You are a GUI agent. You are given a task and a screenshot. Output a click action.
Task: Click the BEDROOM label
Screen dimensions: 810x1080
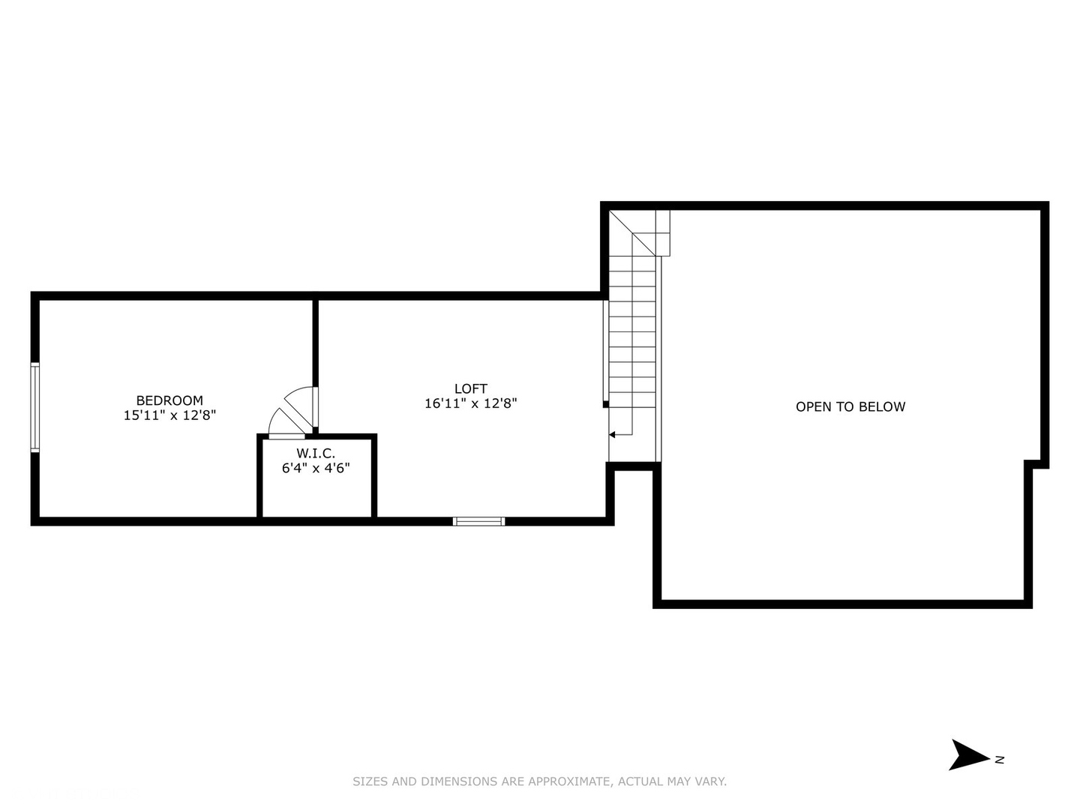point(169,400)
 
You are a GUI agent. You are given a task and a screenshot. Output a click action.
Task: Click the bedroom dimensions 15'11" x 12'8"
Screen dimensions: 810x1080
point(169,415)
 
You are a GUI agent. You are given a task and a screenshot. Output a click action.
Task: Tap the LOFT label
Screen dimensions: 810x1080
point(470,388)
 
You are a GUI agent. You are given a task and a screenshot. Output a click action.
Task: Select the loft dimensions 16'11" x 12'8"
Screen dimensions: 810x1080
point(470,403)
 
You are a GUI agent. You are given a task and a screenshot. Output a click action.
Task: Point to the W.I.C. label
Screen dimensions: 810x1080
point(316,453)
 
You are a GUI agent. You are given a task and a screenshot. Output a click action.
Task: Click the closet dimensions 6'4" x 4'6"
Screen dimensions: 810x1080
point(316,468)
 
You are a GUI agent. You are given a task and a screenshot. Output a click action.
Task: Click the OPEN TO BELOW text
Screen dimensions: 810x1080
point(850,406)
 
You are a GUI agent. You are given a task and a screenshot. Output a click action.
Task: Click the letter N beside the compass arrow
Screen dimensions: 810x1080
point(1000,760)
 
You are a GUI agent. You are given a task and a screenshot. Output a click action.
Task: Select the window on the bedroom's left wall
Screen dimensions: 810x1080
point(34,407)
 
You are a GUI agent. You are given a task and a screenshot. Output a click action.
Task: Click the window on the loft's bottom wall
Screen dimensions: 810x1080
point(479,520)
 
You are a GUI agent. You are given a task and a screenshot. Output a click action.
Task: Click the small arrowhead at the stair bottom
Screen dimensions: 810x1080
point(612,434)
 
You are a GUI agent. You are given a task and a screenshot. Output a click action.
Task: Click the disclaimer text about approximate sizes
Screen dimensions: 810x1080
point(539,781)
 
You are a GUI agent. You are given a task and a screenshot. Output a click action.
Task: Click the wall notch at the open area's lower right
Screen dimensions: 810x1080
point(1035,465)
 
